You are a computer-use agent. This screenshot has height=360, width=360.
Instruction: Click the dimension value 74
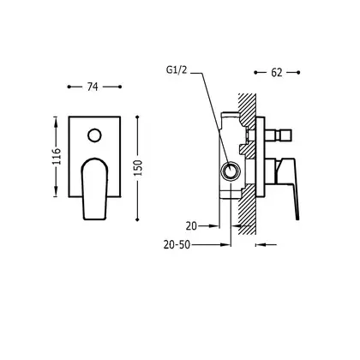[x=93, y=87]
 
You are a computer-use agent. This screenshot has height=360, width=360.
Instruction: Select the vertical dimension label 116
[x=56, y=156]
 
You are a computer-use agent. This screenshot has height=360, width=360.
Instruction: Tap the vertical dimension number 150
[x=138, y=168]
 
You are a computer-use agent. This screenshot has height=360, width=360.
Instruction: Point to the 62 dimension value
[x=277, y=73]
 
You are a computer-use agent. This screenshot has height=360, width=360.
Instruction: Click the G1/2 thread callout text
[x=177, y=69]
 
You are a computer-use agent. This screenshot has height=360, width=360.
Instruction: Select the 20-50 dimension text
[x=177, y=244]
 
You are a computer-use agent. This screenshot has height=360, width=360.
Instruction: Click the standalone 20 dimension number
[x=191, y=226]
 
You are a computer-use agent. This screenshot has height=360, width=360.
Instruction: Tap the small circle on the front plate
[x=94, y=135]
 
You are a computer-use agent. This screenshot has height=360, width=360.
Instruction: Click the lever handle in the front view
[x=94, y=189]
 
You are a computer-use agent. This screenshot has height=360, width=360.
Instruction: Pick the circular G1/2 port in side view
[x=230, y=171]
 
